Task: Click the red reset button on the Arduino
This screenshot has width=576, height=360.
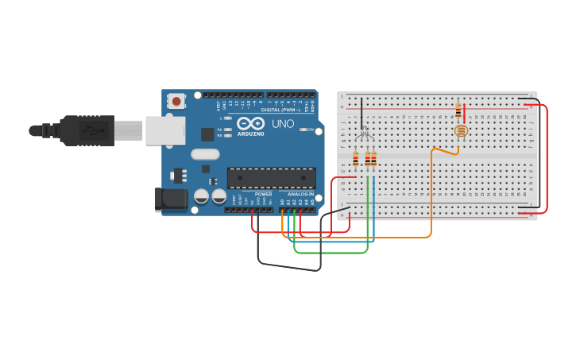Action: tap(176, 101)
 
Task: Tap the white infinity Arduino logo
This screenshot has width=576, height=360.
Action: tap(250, 124)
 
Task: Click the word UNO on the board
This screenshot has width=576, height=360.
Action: tap(284, 124)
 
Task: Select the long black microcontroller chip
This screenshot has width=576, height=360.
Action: tap(271, 177)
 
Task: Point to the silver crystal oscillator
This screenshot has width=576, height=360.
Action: tap(205, 154)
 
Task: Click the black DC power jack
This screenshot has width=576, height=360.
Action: tap(170, 199)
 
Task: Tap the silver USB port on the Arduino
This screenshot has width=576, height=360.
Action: tap(164, 130)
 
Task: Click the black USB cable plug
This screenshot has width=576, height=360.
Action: tap(87, 130)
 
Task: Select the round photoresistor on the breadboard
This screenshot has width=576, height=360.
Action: tap(460, 130)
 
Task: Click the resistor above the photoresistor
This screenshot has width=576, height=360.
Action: tap(458, 110)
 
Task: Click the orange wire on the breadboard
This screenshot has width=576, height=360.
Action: tap(431, 191)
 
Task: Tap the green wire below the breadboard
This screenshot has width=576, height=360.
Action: tap(330, 253)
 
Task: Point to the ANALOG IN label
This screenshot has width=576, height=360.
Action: tap(300, 194)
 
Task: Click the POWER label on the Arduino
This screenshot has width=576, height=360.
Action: tap(263, 194)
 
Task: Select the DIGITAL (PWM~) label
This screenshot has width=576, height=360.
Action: tap(280, 110)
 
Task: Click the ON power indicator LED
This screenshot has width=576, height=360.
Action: tap(303, 130)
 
